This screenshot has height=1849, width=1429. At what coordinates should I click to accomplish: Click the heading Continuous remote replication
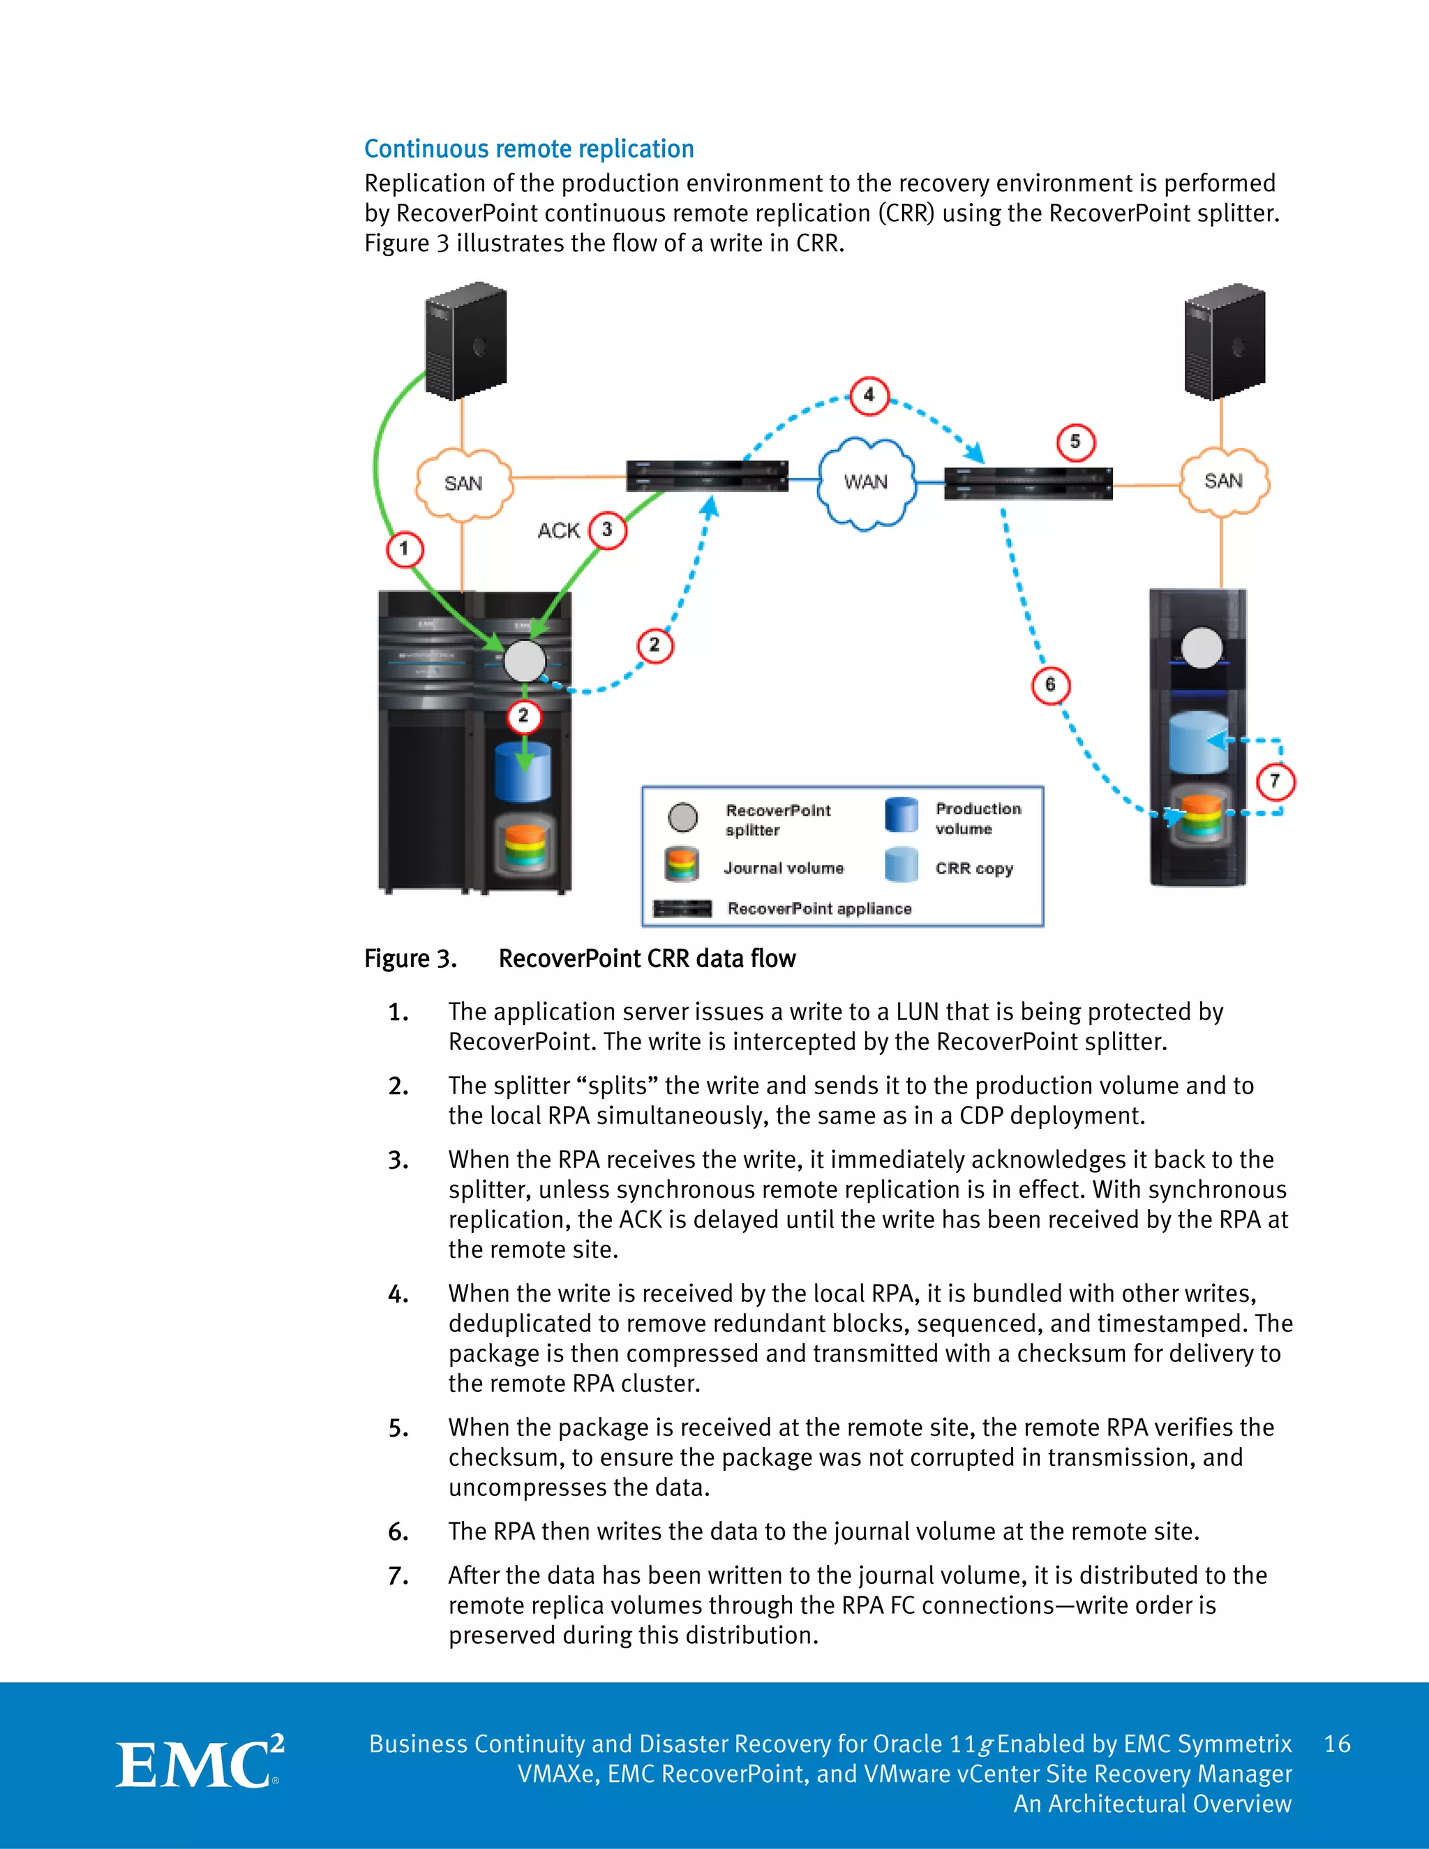tap(528, 149)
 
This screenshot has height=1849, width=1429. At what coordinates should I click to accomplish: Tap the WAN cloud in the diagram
tap(866, 483)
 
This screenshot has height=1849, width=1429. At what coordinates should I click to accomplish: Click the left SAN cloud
tap(463, 484)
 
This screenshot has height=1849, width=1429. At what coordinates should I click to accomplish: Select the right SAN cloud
tap(1223, 481)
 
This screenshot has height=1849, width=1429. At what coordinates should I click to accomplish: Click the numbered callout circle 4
tap(869, 396)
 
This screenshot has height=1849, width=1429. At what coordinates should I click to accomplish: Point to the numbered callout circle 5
tap(1075, 442)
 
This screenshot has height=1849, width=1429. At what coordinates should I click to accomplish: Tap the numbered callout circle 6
tap(1051, 685)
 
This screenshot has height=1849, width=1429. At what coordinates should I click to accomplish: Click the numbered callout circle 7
tap(1275, 781)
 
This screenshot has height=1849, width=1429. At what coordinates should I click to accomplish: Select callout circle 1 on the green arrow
tap(405, 548)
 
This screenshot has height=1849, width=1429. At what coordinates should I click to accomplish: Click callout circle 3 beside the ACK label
tap(607, 530)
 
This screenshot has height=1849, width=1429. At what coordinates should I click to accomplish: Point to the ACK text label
tap(559, 531)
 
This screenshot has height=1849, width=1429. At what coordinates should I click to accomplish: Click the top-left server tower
tap(465, 341)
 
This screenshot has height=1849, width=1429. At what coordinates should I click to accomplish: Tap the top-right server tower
tap(1225, 341)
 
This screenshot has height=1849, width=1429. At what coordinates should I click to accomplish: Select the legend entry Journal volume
tap(783, 869)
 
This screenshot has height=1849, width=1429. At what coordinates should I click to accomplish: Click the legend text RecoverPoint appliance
tap(818, 908)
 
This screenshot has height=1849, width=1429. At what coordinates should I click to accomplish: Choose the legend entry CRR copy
tap(973, 869)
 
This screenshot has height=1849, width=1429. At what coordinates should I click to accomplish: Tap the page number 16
tap(1337, 1744)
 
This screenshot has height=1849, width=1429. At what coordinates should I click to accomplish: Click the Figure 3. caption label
tap(410, 959)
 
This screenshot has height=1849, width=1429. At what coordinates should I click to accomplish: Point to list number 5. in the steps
tap(398, 1429)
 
